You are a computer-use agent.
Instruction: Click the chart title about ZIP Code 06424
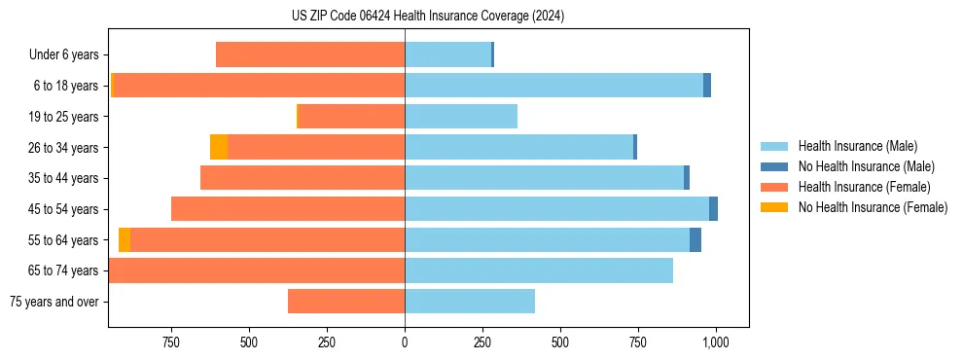tap(427, 16)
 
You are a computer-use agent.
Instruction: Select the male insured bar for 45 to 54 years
tap(556, 208)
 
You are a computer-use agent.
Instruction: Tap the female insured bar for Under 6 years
tap(310, 54)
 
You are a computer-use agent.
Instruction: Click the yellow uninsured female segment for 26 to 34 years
tap(219, 147)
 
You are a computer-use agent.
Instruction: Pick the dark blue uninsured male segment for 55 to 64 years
tap(695, 239)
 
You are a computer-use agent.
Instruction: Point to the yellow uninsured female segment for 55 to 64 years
tap(125, 239)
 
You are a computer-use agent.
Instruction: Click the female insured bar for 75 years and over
tap(346, 302)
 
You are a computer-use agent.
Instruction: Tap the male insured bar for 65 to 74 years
tap(539, 270)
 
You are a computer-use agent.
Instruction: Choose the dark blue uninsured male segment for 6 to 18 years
tap(707, 86)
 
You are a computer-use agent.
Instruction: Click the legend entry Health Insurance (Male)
tap(857, 147)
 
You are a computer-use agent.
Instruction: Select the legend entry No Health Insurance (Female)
tap(873, 207)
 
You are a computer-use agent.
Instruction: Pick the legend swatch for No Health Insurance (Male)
tap(774, 167)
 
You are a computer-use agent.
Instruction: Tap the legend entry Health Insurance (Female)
tap(864, 187)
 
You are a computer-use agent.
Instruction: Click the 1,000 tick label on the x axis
tap(716, 342)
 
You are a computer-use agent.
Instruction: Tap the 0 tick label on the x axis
tap(405, 342)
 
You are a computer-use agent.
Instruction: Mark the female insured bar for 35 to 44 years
tap(303, 178)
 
